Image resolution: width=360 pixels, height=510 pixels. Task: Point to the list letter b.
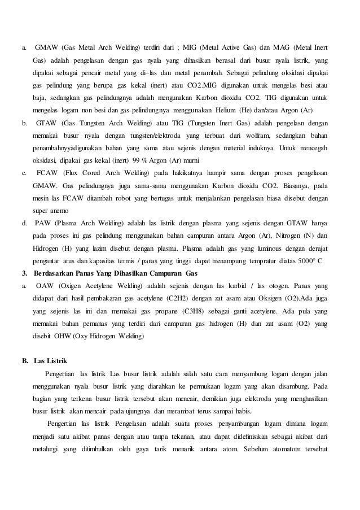click(x=24, y=122)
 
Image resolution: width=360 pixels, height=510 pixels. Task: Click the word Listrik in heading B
click(x=59, y=360)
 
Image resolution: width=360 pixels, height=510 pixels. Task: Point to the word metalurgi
click(x=49, y=449)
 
